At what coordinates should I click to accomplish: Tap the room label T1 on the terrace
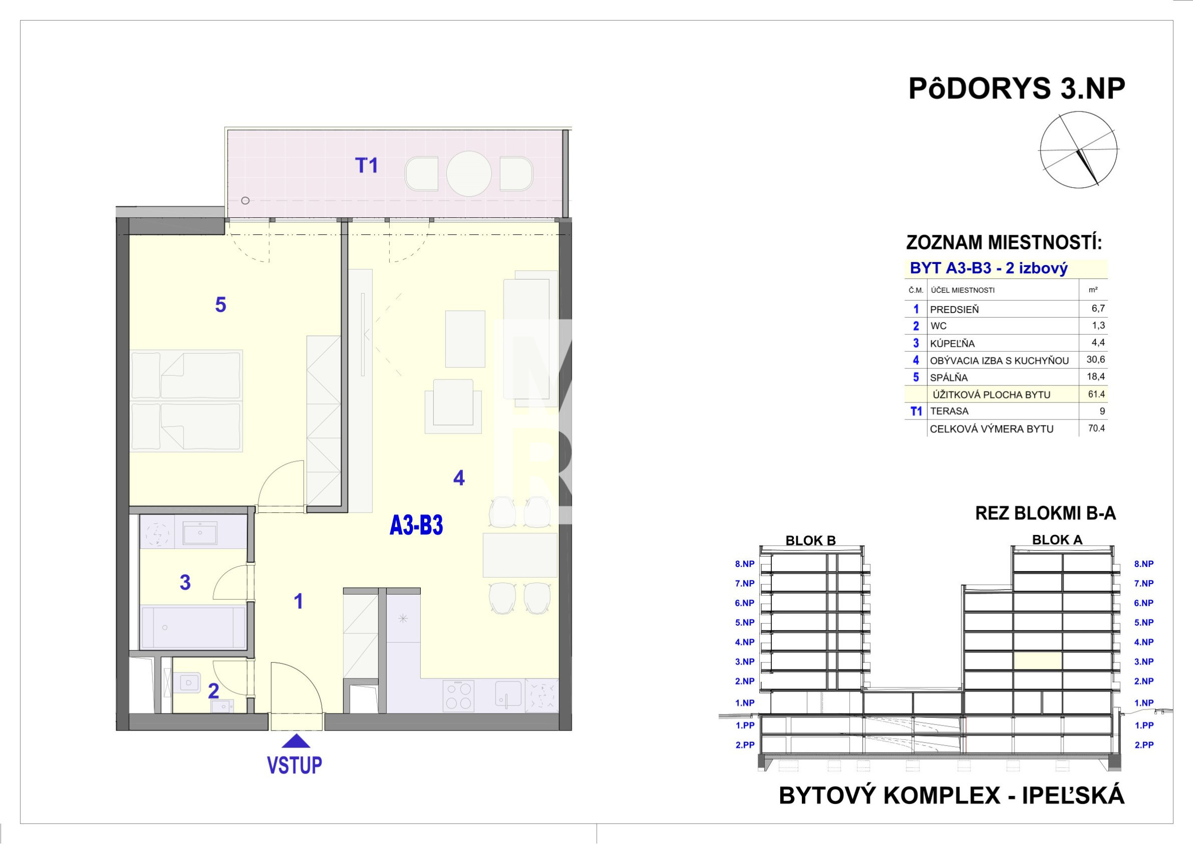366,166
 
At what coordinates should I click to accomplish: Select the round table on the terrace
469,174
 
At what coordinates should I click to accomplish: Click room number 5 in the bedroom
220,305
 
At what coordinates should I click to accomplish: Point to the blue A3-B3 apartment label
416,525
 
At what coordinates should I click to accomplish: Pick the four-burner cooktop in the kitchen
458,696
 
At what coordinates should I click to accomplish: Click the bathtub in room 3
193,627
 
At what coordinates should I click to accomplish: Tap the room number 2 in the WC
213,691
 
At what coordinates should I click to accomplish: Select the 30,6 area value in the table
1095,359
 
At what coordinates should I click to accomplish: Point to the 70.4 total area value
1096,429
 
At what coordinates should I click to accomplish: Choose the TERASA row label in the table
949,411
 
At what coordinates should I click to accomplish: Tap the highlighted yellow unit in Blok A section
1038,661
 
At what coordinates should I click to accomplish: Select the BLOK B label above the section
810,540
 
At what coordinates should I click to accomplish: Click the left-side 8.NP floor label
745,564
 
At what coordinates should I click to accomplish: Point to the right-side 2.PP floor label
1144,745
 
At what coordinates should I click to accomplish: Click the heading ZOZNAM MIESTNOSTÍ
1004,243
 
